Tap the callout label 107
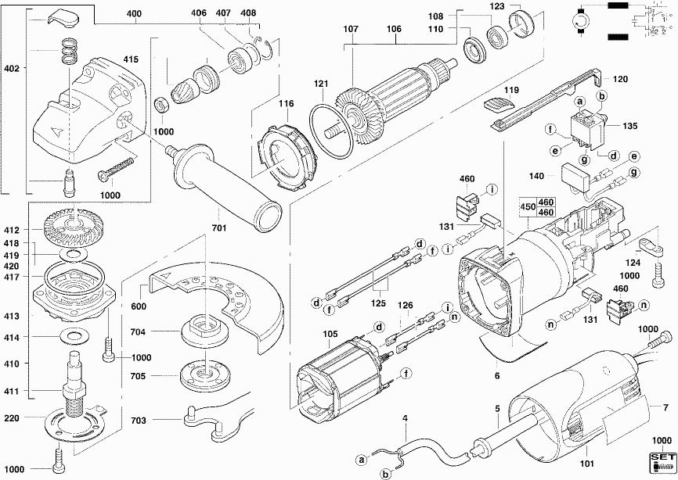(x=350, y=30)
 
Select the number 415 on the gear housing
(x=131, y=59)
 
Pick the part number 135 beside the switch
(x=631, y=124)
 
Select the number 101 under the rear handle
(x=590, y=452)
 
